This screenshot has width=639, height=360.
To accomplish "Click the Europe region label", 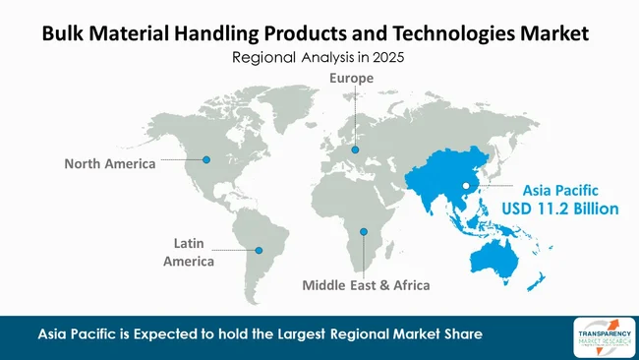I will [x=351, y=78].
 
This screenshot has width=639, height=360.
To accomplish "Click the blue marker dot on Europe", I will [x=355, y=150].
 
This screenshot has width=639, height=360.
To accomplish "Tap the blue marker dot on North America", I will [x=206, y=158].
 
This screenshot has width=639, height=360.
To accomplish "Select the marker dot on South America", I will [x=260, y=250].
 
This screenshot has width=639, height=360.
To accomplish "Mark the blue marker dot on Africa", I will [x=364, y=232].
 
